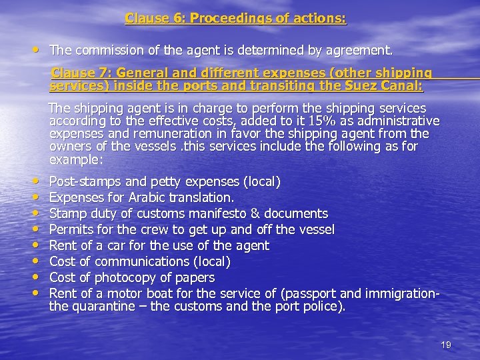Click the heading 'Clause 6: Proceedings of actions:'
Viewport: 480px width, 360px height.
[x=236, y=19]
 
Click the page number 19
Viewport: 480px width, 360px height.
[x=446, y=345]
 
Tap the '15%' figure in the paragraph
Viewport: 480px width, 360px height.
[x=367, y=121]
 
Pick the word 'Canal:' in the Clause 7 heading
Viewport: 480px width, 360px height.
[x=403, y=86]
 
